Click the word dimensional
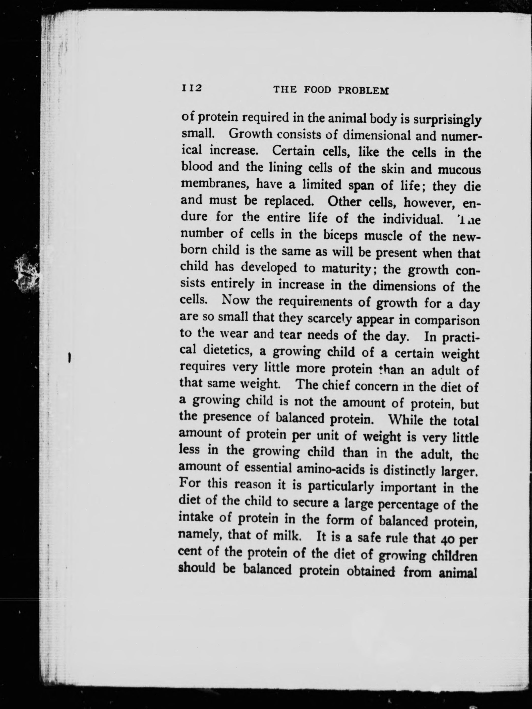[377, 135]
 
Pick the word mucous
[459, 170]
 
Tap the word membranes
[216, 183]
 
